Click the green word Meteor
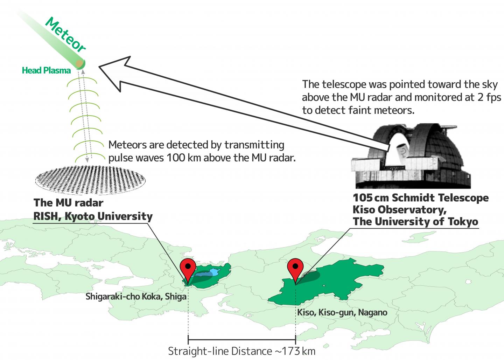[x=66, y=35]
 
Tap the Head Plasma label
[x=46, y=70]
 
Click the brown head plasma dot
[x=80, y=63]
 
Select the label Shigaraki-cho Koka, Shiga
[x=136, y=297]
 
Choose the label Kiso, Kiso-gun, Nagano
[x=342, y=312]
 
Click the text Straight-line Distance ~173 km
[x=241, y=351]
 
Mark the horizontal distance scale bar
[x=242, y=339]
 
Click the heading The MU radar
[x=68, y=203]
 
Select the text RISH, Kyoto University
[x=93, y=216]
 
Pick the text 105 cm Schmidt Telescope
[x=420, y=198]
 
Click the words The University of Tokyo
[x=415, y=222]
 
